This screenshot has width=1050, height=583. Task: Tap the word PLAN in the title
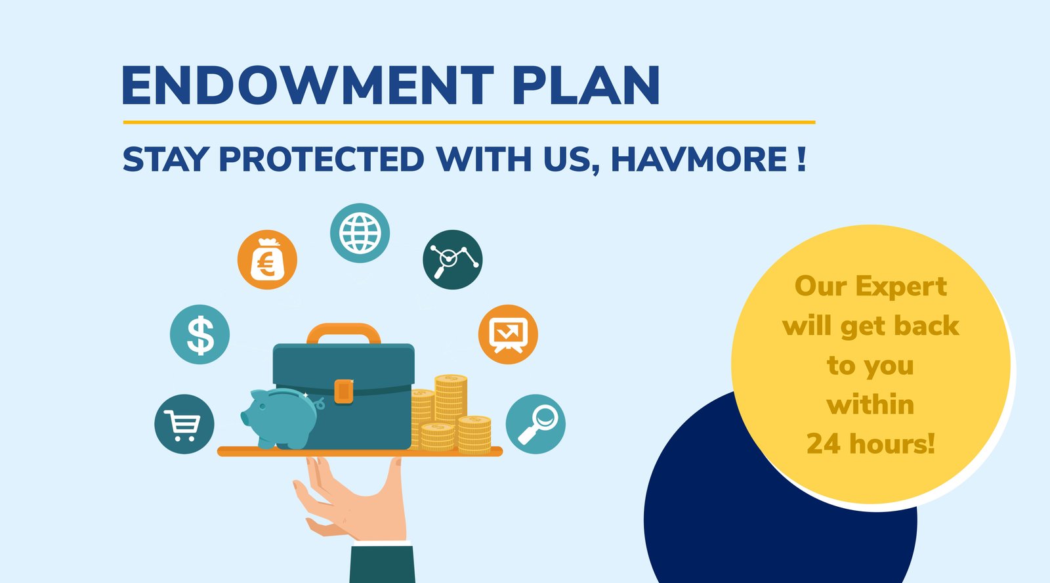point(587,85)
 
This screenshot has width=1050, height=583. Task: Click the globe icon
point(360,233)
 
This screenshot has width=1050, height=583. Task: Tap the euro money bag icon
point(266,259)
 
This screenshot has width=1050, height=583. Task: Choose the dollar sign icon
point(199,334)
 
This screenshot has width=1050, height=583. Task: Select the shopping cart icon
point(184,424)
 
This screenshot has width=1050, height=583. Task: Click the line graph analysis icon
point(452,259)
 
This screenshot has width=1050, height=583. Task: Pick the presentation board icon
point(508,334)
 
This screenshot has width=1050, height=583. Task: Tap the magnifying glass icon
point(535,424)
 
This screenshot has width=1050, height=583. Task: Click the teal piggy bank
point(282,418)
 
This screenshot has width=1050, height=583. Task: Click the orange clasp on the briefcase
point(344,391)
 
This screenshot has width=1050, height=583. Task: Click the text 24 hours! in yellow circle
point(871,444)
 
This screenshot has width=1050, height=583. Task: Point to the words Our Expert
point(871,286)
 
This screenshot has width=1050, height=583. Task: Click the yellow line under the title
point(469,122)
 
